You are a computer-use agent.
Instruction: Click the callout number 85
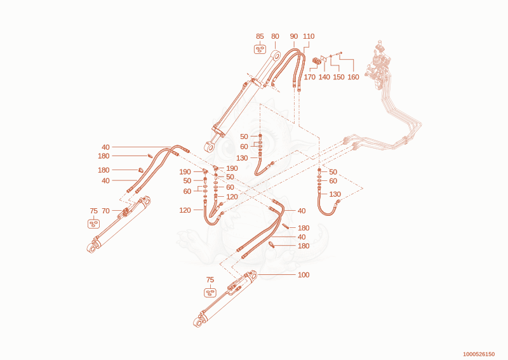[260, 36]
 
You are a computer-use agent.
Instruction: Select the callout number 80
[275, 36]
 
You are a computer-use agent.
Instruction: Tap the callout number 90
[294, 36]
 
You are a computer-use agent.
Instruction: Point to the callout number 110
[309, 36]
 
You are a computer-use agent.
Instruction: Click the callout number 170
[310, 77]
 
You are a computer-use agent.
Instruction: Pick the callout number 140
[324, 77]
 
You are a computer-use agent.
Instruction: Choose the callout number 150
[339, 77]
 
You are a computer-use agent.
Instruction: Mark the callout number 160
[354, 77]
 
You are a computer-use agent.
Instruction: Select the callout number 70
[105, 211]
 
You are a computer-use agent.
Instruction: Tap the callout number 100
[304, 275]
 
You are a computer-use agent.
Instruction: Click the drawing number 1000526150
[479, 354]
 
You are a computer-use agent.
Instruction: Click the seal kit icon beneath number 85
[260, 50]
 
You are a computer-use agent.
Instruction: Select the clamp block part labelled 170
[316, 61]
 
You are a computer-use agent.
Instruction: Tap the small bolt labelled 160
[340, 53]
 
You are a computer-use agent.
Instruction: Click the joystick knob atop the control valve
[380, 43]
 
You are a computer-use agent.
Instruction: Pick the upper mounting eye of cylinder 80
[276, 55]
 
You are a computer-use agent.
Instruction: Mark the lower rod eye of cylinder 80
[210, 147]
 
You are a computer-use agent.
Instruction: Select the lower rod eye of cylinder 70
[91, 248]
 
